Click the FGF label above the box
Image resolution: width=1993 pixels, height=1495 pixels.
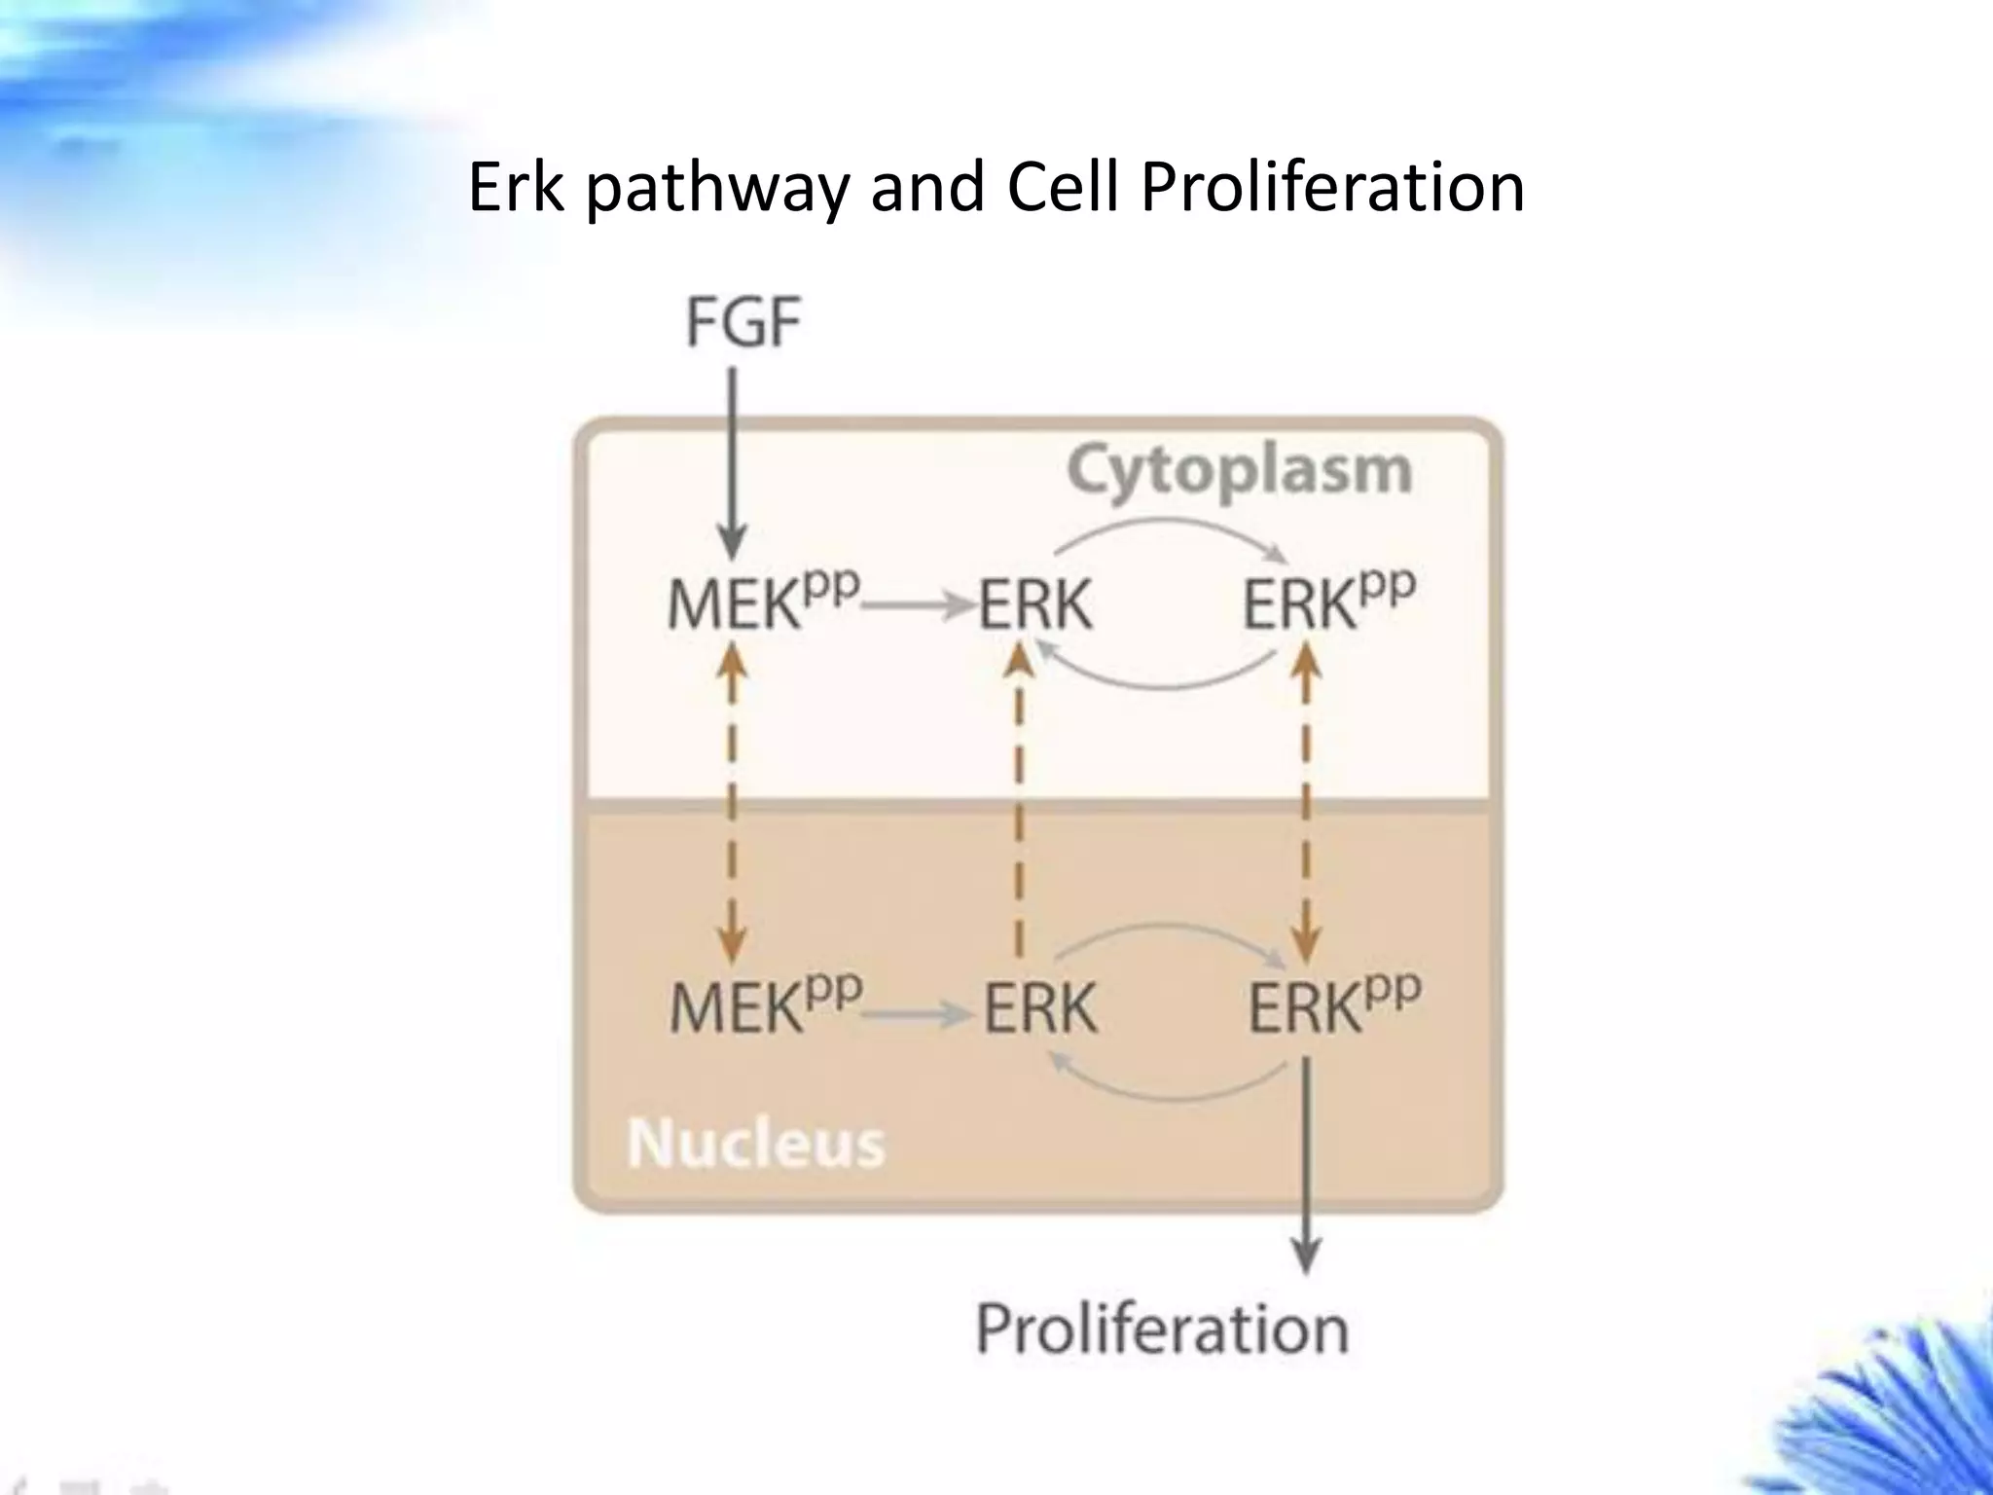743,323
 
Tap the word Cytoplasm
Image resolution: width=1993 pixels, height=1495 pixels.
1239,471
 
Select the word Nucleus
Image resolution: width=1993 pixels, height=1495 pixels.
756,1143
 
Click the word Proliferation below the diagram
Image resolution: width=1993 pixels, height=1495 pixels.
1162,1329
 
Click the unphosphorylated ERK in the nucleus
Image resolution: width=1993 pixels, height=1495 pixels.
1039,1007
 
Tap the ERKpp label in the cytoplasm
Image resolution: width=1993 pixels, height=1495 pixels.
1328,602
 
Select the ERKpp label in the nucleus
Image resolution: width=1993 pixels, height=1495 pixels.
1333,1004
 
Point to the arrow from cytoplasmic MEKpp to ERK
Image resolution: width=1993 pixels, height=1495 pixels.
919,606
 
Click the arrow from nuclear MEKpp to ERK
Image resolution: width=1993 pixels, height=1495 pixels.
919,1015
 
